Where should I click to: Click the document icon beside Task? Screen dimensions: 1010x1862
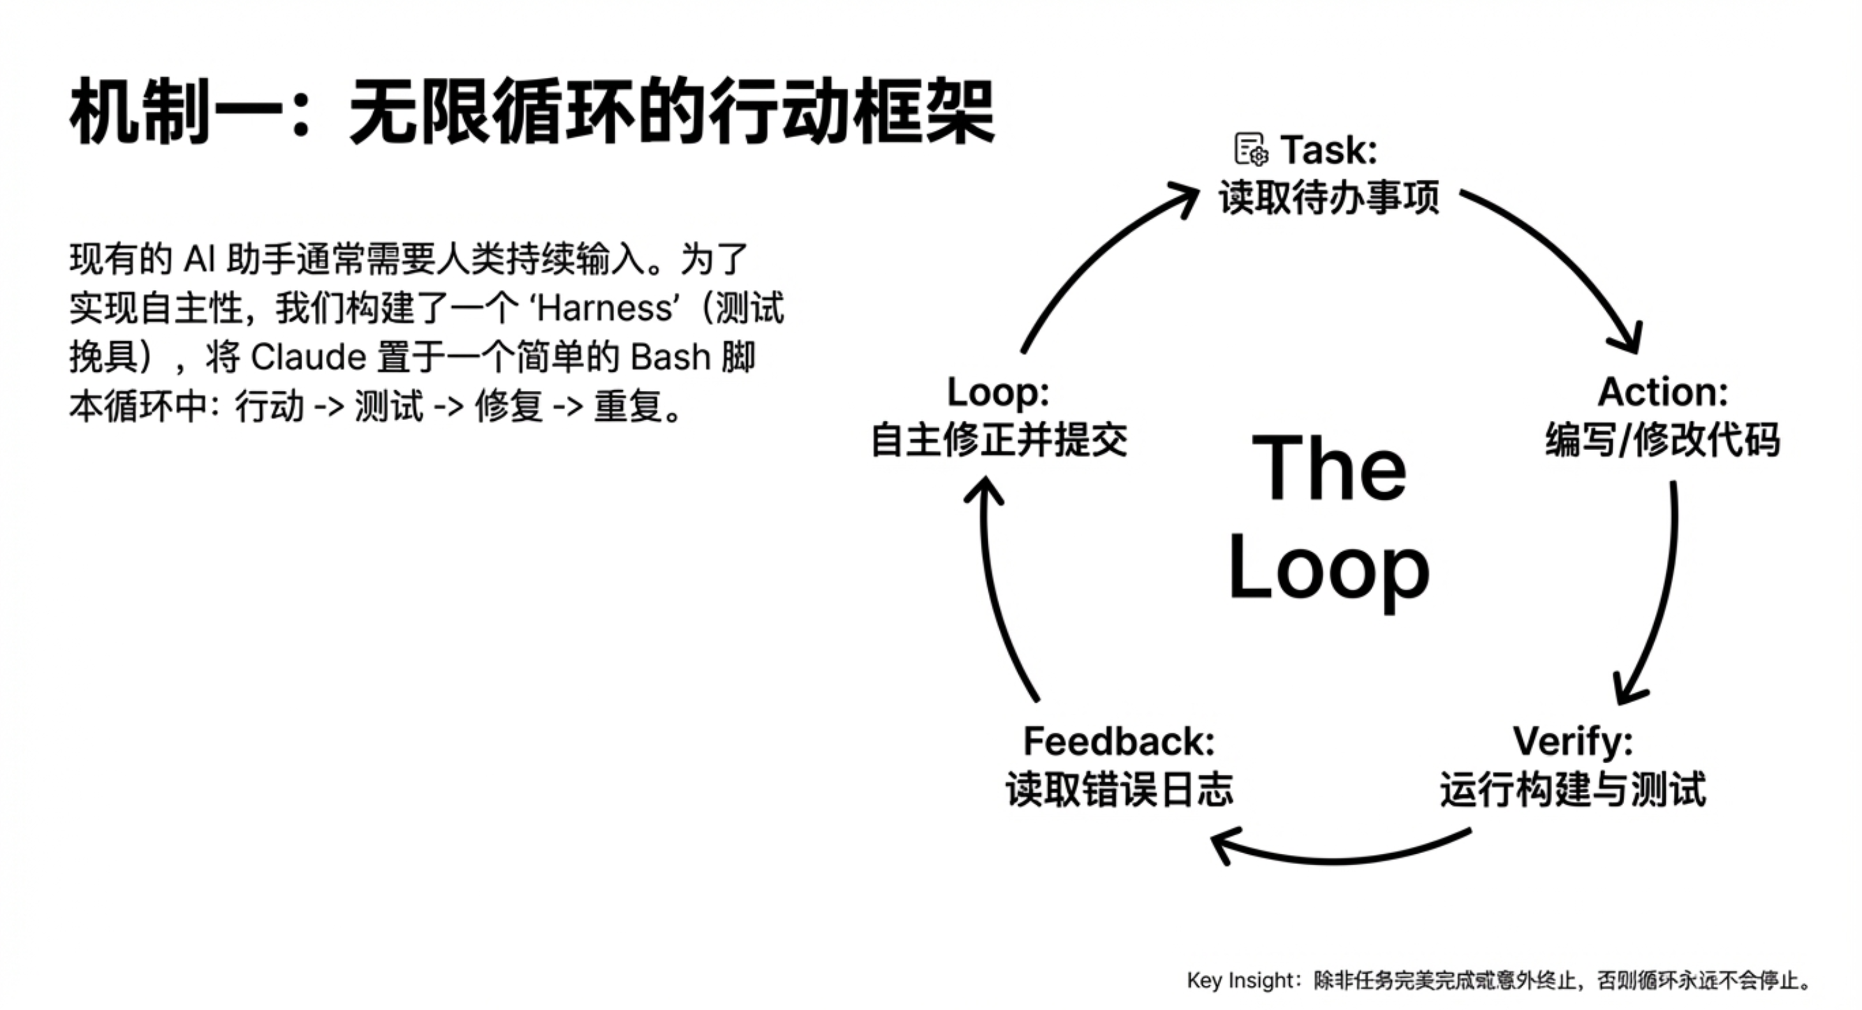[x=1250, y=150]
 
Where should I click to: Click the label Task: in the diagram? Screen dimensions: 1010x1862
[x=1328, y=150]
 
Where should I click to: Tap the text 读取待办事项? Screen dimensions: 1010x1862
[x=1328, y=198]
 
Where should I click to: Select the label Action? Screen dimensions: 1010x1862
[x=1662, y=393]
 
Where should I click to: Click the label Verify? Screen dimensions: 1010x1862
[x=1573, y=741]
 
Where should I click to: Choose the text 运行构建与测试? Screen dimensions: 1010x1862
[x=1573, y=789]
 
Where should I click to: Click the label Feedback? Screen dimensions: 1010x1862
[x=1119, y=741]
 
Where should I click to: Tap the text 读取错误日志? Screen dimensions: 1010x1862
[x=1119, y=789]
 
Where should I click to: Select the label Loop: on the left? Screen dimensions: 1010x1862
[x=998, y=393]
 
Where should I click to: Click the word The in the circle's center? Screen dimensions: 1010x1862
[x=1328, y=468]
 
